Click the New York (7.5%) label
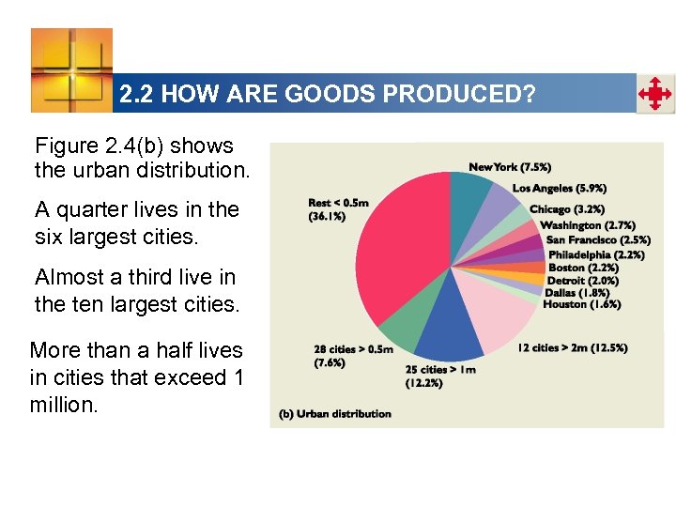(511, 167)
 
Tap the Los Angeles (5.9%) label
(558, 188)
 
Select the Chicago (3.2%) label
(566, 209)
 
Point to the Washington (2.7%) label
(588, 225)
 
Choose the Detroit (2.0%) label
(583, 280)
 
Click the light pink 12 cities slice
(507, 319)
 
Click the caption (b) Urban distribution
(335, 414)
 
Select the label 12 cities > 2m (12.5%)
(573, 348)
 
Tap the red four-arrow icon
(654, 95)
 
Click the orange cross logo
(71, 69)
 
